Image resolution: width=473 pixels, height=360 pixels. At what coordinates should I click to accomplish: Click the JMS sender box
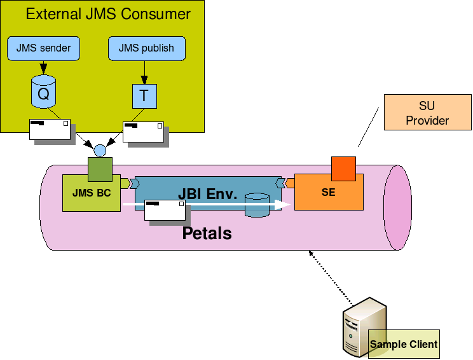pyautogui.click(x=43, y=48)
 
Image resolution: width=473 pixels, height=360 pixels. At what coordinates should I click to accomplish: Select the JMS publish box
pyautogui.click(x=146, y=48)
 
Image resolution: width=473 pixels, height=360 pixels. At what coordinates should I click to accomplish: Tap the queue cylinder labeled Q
pyautogui.click(x=43, y=93)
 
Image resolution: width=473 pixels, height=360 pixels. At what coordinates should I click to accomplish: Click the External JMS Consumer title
pyautogui.click(x=108, y=13)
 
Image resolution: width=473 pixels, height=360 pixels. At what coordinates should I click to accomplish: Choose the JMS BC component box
pyautogui.click(x=91, y=194)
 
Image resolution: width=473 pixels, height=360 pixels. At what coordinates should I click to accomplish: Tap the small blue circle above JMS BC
pyautogui.click(x=100, y=151)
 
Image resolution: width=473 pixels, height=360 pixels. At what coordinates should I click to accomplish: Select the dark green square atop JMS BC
pyautogui.click(x=100, y=170)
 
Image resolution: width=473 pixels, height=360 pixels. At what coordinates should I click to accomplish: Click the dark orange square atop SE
pyautogui.click(x=343, y=168)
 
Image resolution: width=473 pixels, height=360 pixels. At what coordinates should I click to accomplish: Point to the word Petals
pyautogui.click(x=207, y=233)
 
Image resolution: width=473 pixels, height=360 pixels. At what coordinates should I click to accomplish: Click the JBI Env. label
pyautogui.click(x=207, y=193)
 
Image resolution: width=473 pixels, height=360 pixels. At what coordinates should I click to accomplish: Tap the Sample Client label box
pyautogui.click(x=404, y=344)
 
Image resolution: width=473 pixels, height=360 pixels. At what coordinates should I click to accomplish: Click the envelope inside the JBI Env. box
pyautogui.click(x=165, y=210)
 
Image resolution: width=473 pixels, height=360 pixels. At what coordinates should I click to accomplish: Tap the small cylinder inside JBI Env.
pyautogui.click(x=257, y=205)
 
